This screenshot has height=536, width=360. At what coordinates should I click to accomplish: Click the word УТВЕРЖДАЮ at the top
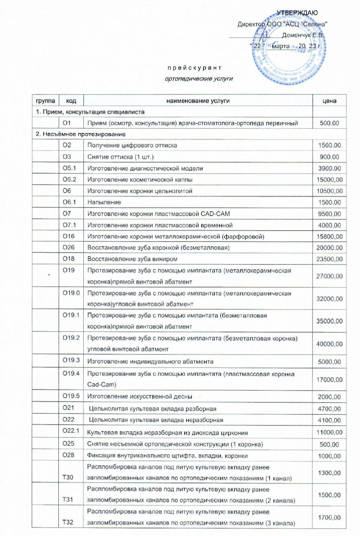tap(297, 13)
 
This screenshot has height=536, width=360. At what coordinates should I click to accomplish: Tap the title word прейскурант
tap(194, 68)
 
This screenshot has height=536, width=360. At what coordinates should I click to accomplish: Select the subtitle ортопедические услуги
tap(199, 79)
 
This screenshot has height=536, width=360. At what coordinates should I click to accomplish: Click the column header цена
tap(329, 101)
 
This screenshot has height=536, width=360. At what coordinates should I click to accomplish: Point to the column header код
tap(71, 101)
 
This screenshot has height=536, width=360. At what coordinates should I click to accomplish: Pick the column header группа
tap(45, 101)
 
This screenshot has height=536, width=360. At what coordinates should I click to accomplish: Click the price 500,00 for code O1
tap(329, 123)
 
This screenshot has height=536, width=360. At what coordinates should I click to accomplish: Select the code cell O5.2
tap(70, 179)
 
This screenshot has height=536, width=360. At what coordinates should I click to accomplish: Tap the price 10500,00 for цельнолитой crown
tap(329, 191)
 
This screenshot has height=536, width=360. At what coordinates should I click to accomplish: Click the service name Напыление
tap(104, 202)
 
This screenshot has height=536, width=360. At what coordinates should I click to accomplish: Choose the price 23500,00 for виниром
tap(329, 259)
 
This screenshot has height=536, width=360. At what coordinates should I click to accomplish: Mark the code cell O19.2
tap(71, 338)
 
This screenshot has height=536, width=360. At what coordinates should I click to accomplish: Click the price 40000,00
tap(329, 344)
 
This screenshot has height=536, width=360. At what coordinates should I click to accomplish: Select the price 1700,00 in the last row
tap(329, 518)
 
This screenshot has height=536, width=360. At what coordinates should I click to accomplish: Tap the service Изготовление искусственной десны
tap(140, 397)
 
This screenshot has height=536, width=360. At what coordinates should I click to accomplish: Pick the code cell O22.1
tap(71, 431)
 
